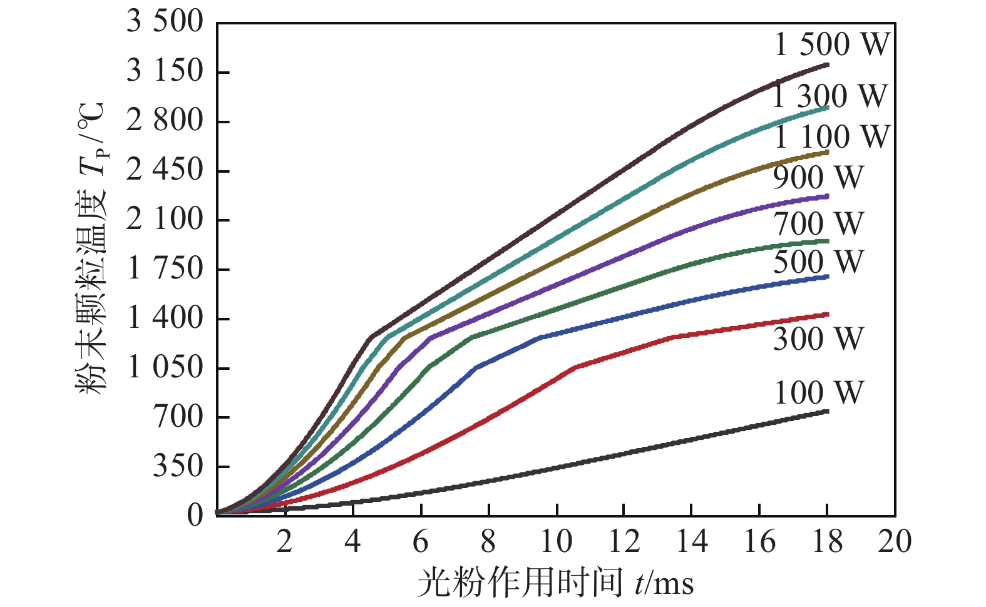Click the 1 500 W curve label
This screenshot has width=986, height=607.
(832, 44)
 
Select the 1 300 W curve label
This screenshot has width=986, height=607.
(830, 96)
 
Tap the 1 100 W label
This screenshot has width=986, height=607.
(832, 136)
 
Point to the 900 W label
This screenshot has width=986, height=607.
(818, 177)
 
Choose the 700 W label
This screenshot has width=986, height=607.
(818, 223)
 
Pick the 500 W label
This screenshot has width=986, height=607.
(818, 262)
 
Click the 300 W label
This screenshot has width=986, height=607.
(818, 339)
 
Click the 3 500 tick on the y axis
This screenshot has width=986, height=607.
(165, 22)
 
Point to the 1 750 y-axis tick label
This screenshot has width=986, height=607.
(165, 269)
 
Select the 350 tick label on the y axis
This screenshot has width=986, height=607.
(178, 466)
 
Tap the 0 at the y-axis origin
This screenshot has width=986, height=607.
(195, 516)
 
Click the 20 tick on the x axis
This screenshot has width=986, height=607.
(895, 541)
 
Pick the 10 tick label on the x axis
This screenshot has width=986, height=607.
(555, 541)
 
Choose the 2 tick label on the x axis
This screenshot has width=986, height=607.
(285, 541)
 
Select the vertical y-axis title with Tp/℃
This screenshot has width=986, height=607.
(92, 247)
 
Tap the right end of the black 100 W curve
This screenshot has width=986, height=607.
(827, 411)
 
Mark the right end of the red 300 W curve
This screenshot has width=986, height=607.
(827, 314)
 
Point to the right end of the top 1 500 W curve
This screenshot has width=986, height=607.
(827, 64)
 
